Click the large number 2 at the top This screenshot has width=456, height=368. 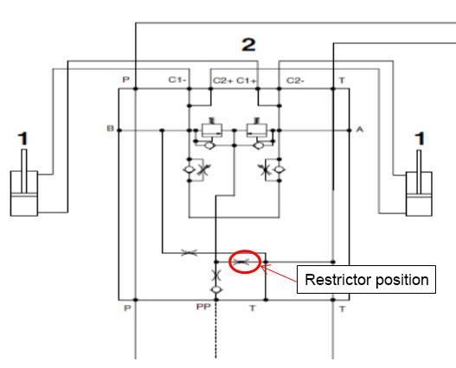coord(248,45)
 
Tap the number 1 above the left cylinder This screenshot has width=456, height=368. coord(23,139)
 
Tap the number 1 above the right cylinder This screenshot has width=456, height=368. coord(420,138)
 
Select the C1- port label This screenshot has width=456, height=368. coord(177,79)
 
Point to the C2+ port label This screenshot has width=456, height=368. coord(222,80)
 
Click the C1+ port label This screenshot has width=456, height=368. coord(247,80)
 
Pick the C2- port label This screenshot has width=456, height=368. coord(295,80)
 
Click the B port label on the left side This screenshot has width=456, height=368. coord(110,128)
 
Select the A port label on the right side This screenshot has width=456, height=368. coord(360,129)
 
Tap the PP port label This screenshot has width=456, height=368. coord(203,307)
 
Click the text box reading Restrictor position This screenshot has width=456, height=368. coord(366,279)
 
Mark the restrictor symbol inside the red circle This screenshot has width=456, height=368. coord(241,262)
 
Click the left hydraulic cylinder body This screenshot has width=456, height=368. coord(24,194)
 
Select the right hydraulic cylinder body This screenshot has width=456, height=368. coord(419,194)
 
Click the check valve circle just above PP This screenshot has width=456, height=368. coord(216,289)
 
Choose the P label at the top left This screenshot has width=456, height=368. coord(125,79)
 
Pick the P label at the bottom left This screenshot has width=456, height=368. coord(127,308)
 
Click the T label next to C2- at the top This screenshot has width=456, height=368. coord(342,80)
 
